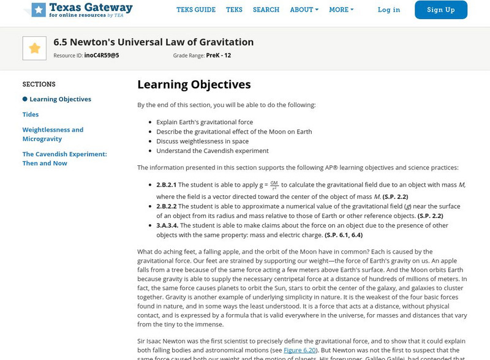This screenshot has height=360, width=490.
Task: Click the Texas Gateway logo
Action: (81, 10)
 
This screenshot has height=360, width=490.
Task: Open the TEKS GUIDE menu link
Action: (196, 10)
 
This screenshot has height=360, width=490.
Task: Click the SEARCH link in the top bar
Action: (266, 10)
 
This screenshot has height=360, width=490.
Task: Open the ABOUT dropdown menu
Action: (304, 10)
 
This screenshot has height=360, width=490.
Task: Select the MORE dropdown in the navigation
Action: (341, 10)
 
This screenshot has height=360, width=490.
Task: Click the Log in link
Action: (389, 10)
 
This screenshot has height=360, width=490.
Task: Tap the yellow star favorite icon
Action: (34, 48)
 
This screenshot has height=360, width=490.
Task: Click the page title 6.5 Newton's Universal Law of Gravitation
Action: (153, 42)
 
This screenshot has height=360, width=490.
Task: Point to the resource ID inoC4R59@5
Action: (102, 55)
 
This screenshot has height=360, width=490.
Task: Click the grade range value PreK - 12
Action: (219, 55)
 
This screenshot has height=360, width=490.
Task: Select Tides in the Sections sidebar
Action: (31, 114)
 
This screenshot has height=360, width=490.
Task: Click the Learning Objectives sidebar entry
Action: (60, 99)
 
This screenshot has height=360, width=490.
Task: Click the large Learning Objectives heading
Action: (194, 84)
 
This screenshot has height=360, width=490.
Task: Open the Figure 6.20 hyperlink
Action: (299, 350)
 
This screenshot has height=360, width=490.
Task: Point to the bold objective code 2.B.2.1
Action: (166, 184)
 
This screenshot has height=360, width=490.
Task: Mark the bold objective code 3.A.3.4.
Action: (167, 225)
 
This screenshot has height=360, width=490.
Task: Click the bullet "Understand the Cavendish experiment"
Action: (212, 151)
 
